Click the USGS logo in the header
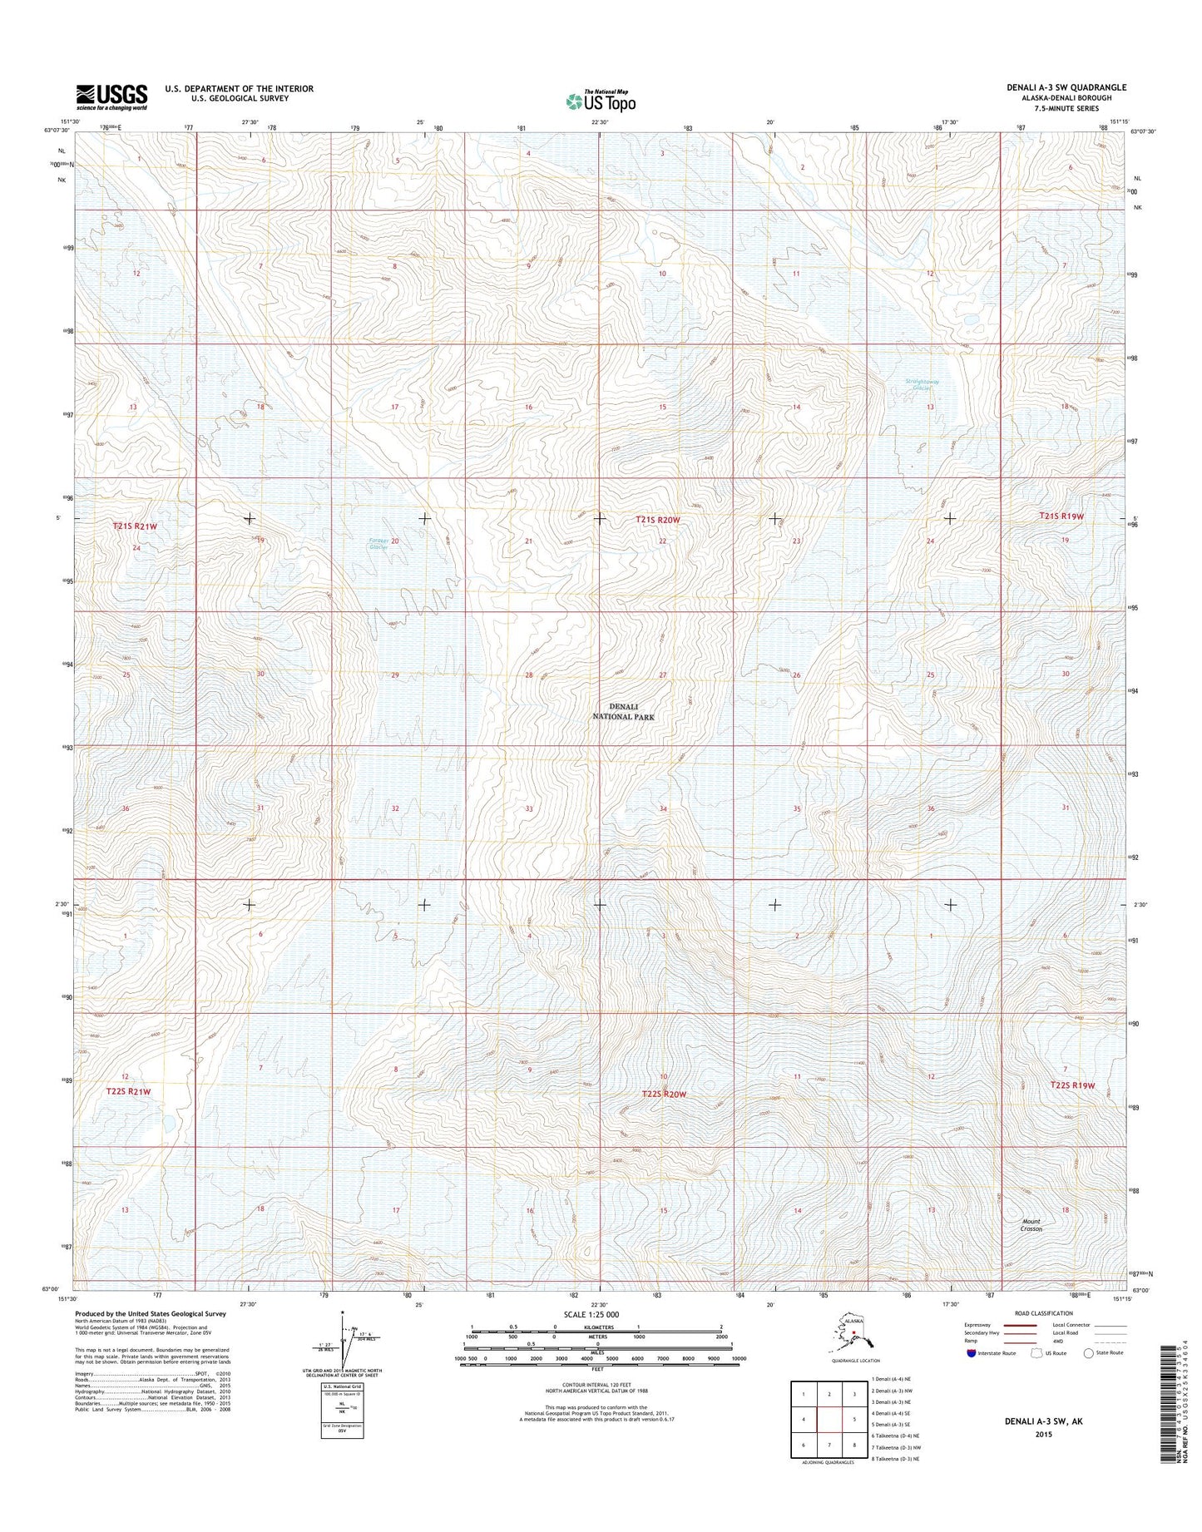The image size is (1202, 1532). coord(111,96)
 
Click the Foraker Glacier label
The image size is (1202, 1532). coord(378,544)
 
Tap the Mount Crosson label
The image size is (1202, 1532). coord(1031,1225)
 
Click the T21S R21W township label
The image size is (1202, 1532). coord(135,526)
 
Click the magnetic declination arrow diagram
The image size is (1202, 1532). coord(343,1341)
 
